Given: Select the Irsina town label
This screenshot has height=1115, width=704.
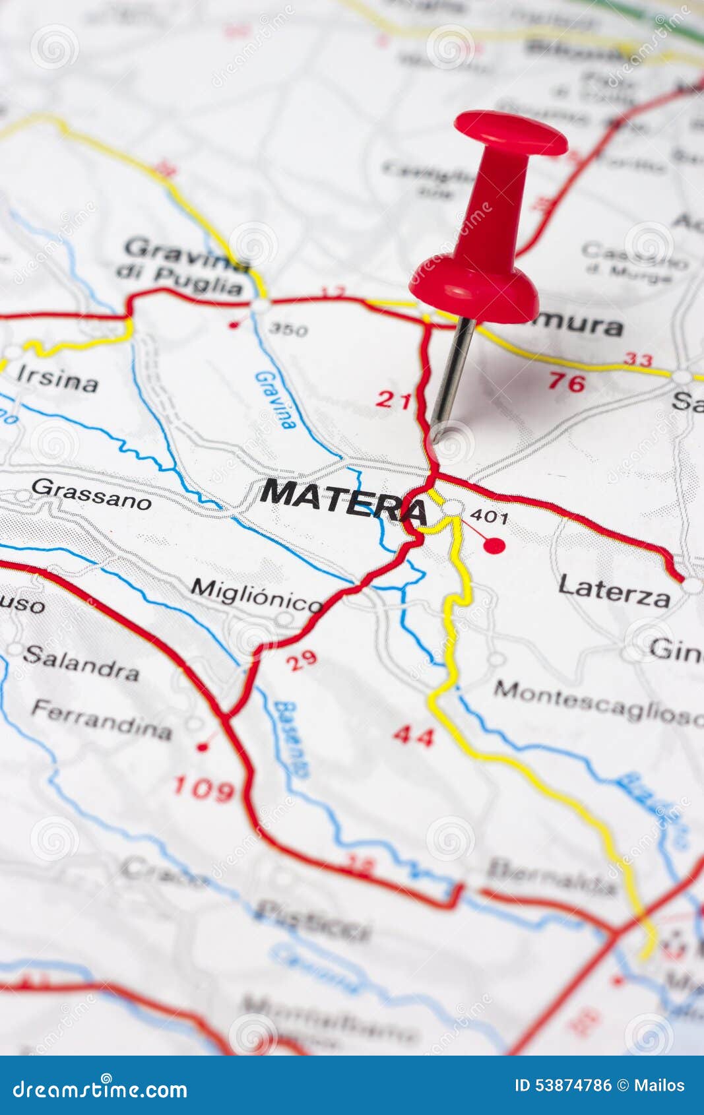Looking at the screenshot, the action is [57, 378].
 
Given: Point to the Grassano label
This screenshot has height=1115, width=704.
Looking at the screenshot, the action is [91, 494].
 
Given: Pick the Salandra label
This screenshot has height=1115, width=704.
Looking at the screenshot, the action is [82, 662].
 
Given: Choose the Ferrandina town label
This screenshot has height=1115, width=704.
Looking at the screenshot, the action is [102, 720].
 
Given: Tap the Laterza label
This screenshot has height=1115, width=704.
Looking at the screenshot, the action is [614, 590].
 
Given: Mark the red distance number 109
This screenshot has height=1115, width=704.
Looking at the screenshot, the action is [203, 788].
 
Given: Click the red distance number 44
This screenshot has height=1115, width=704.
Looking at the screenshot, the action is [414, 736].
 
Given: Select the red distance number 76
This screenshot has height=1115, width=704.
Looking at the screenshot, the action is [566, 383].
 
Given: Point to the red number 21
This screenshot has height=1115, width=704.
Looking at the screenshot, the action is [394, 399].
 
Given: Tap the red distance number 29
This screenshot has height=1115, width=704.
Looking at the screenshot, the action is [302, 660].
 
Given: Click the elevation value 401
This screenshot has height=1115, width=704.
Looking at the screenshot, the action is [490, 516].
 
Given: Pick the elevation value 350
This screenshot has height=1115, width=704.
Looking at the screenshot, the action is [288, 329].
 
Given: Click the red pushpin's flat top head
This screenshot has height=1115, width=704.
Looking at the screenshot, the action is [511, 132].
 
